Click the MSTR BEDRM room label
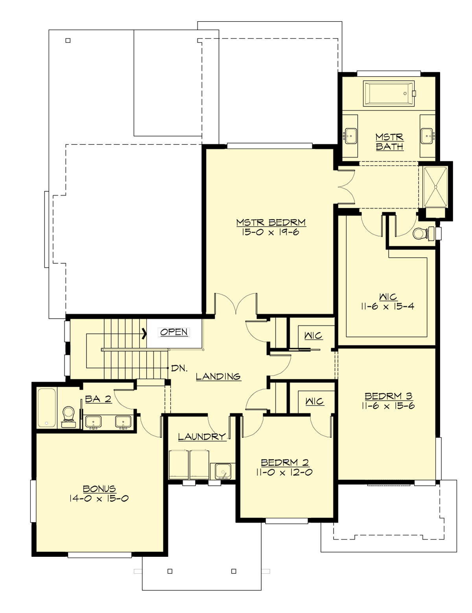pos(271,222)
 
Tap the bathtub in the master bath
pos(389,94)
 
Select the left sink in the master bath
pos(350,136)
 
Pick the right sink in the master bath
pos(428,136)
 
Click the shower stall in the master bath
pos(435,186)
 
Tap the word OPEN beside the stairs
pos(174,332)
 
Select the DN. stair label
pos(179,369)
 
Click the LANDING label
pos(218,376)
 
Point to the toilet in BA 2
pos(68,416)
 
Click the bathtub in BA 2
pos(46,408)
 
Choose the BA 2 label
pos(98,399)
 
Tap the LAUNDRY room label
pos(202,437)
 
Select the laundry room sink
pos(223,471)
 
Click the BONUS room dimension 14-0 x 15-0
pos(100,499)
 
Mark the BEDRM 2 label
pos(285,463)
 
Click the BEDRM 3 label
pos(388,396)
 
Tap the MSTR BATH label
pos(389,142)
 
